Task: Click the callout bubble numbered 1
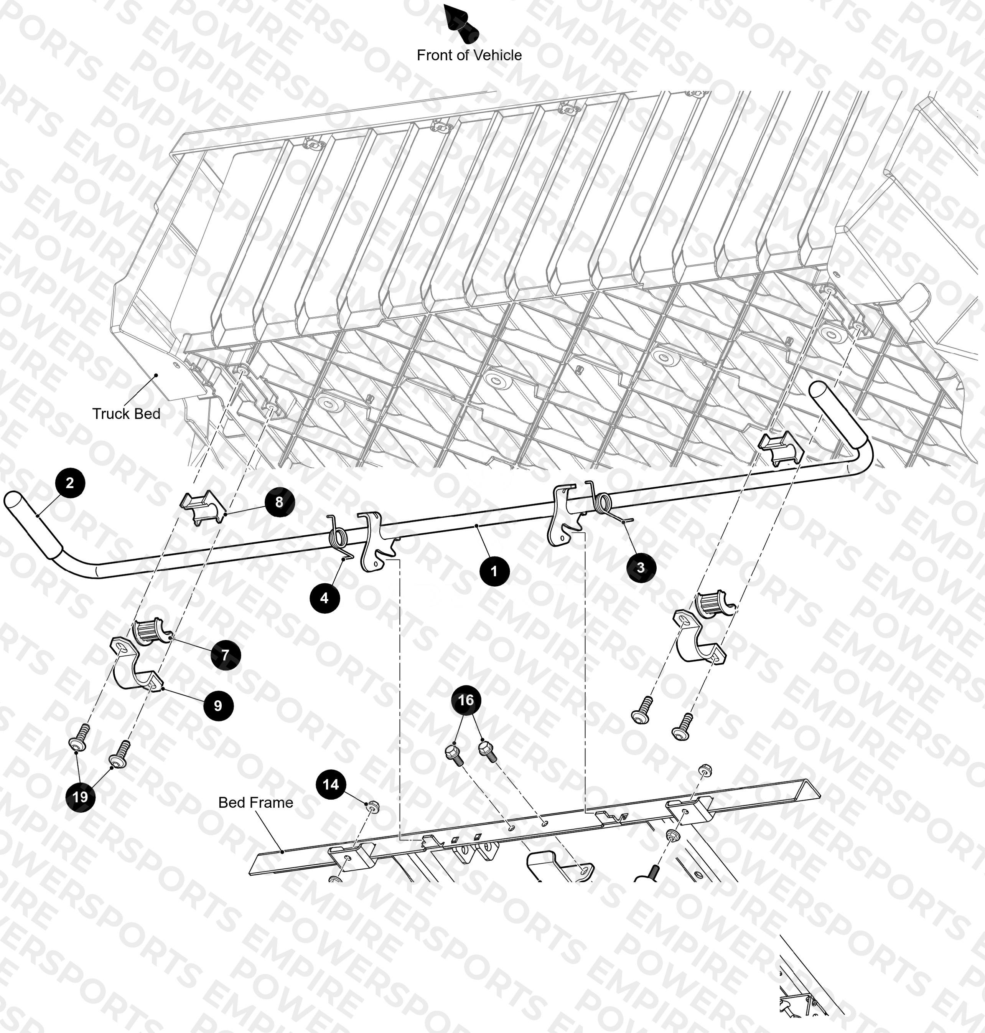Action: pos(494,571)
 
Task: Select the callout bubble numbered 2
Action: pos(69,483)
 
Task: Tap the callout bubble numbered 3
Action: pos(641,567)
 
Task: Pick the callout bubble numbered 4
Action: pos(324,597)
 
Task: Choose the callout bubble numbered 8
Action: pos(279,502)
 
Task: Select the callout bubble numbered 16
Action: pos(466,700)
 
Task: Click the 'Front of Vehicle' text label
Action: pos(469,55)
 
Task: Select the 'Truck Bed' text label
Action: pos(126,414)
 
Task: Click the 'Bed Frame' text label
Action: pos(256,802)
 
